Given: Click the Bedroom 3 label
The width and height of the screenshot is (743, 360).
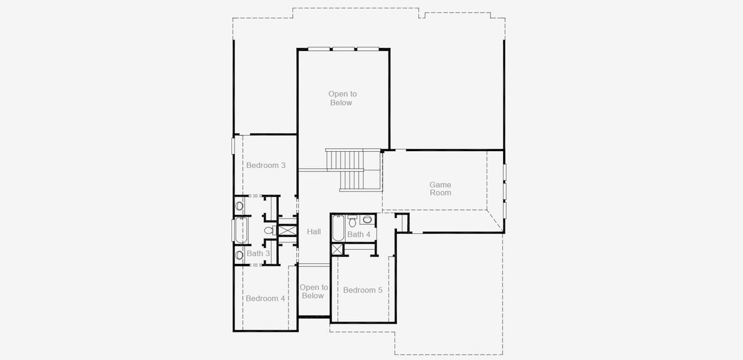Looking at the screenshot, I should click(266, 165).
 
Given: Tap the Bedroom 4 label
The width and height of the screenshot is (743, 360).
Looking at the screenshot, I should click(265, 298).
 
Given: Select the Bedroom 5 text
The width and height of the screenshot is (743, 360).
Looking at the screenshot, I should click(362, 290).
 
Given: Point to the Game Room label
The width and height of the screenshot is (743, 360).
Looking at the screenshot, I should click(440, 188).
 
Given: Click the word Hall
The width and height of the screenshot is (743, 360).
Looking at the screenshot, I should click(314, 232).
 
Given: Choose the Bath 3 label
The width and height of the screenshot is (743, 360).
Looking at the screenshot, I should click(258, 253).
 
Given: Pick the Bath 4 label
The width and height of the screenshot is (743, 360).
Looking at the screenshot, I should click(359, 234).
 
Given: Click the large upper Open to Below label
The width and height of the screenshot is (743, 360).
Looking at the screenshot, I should click(342, 98).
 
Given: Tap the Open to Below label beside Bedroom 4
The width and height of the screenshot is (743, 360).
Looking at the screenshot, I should click(313, 292).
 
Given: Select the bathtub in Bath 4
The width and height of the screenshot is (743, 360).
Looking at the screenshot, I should click(338, 227).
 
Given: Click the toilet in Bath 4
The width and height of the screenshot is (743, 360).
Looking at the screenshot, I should click(353, 223).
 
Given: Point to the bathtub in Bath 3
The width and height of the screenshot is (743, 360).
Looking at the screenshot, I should click(242, 230).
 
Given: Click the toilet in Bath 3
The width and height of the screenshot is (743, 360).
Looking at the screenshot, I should click(269, 230).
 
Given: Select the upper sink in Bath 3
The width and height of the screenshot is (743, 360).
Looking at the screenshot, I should click(239, 206).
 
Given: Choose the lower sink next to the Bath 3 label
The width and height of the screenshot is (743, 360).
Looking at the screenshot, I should click(239, 255).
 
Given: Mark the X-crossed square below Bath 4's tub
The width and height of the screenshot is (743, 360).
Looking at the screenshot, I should click(338, 249).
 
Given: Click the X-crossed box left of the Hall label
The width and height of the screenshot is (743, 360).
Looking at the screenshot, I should click(288, 230).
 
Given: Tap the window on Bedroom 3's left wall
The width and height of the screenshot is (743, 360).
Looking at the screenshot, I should click(233, 146).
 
